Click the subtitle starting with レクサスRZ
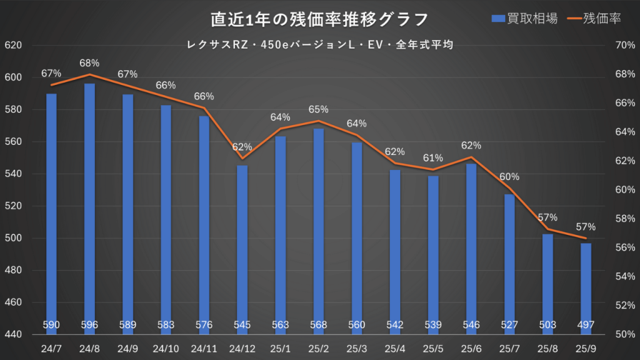319,45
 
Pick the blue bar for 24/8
89,206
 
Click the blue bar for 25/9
586,287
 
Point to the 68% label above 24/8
89,63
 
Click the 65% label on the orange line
319,109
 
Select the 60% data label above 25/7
509,176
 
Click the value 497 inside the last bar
586,325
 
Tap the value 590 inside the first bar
51,325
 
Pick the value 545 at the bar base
242,325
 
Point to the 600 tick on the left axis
13,77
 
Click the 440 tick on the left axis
13,335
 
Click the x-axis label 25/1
280,347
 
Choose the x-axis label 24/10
166,347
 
